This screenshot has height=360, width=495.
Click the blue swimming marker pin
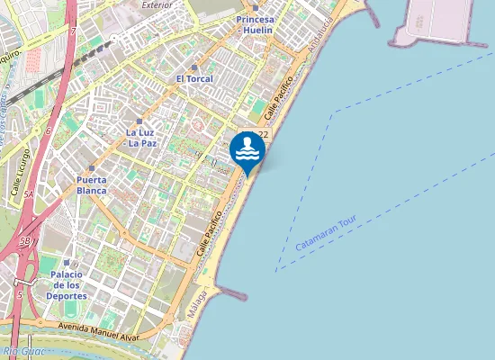tap(247, 149)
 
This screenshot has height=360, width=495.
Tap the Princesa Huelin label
tap(256, 24)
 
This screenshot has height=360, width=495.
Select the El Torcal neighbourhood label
tap(193, 79)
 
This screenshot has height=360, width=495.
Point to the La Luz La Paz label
tap(139, 138)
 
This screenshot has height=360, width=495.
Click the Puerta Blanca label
tap(92, 184)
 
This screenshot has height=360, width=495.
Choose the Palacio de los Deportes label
tap(67, 284)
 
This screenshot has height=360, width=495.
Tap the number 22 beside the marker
tap(263, 134)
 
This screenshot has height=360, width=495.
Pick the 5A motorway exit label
tap(28, 193)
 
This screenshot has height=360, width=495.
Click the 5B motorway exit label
tap(24, 241)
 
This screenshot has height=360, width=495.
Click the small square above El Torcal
tap(193, 67)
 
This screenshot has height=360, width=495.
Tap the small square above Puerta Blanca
tap(92, 167)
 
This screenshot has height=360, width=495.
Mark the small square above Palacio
tap(67, 263)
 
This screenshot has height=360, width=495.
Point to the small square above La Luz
tap(139, 121)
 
